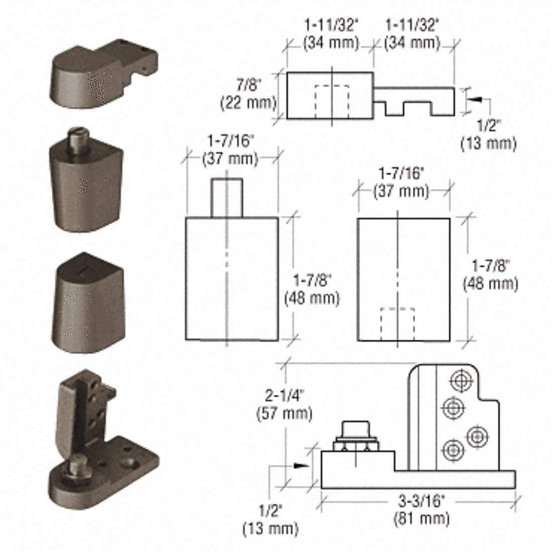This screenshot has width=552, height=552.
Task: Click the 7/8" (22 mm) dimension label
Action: pyautogui.click(x=248, y=94)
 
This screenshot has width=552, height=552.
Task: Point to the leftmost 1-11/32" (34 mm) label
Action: pyautogui.click(x=331, y=34)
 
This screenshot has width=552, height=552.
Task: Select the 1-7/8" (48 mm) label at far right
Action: pyautogui.click(x=490, y=274)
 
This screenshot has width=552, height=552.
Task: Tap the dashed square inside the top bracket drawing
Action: pyautogui.click(x=332, y=102)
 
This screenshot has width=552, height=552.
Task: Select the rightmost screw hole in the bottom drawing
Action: pyautogui.click(x=476, y=436)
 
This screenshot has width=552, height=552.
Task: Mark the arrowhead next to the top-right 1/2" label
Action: pyautogui.click(x=475, y=100)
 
